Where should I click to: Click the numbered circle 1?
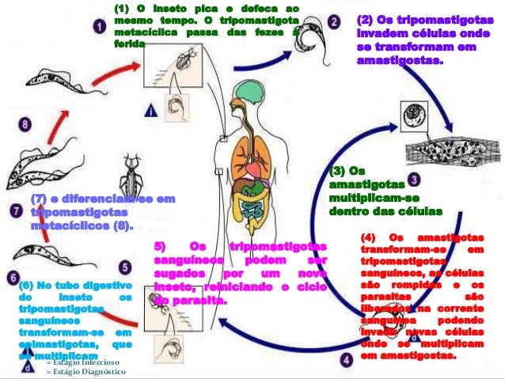pos(99,25)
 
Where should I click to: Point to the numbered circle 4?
pos(346,359)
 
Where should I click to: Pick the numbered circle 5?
pos(125,268)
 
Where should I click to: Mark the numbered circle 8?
pos(25,125)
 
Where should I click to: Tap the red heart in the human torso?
pos(252,168)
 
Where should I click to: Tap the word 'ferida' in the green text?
pos(129,45)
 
